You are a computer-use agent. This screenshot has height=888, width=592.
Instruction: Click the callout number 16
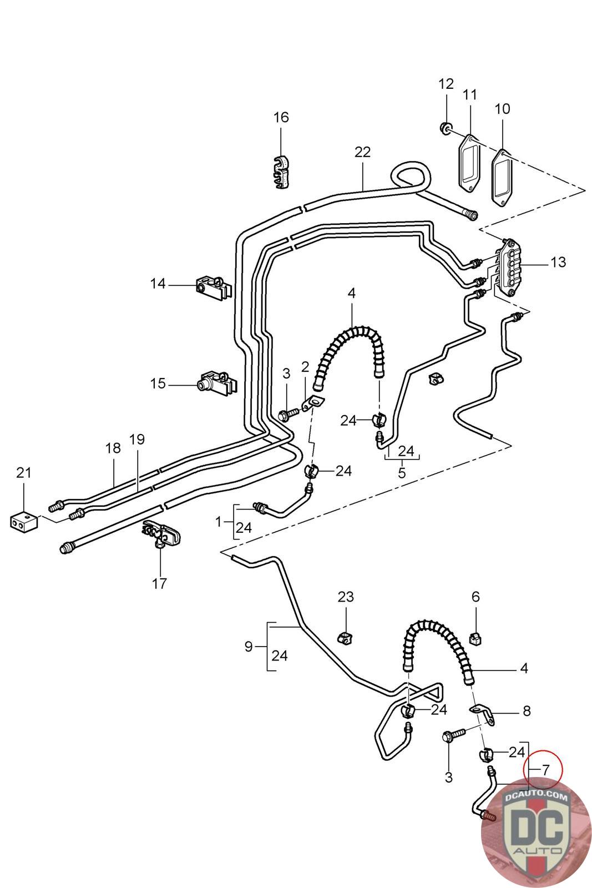(281, 117)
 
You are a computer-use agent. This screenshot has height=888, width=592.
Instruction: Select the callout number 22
(362, 152)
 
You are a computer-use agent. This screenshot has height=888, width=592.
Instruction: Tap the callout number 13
(558, 262)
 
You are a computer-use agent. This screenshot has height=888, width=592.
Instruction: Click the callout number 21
(24, 472)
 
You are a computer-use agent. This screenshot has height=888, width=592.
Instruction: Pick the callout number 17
(159, 583)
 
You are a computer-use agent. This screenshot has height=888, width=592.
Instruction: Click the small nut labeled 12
(446, 128)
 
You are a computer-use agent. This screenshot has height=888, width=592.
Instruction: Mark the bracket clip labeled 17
(161, 533)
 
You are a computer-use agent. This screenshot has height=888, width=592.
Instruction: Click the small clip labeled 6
(475, 638)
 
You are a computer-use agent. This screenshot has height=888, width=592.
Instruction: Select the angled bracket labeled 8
(483, 715)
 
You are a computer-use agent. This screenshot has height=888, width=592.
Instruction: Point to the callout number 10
(503, 109)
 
